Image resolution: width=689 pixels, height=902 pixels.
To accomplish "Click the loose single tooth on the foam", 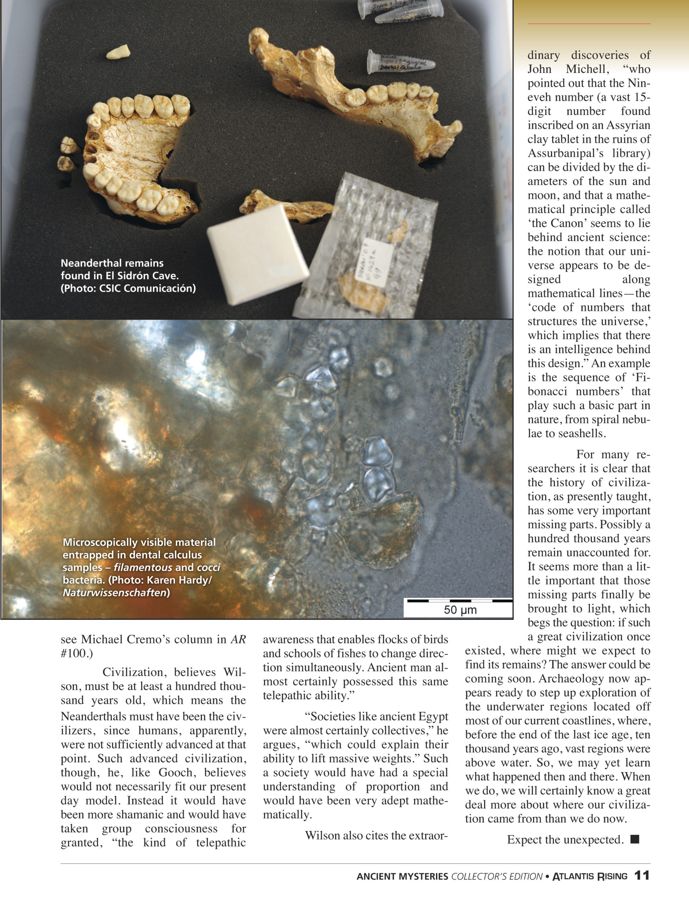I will click(x=118, y=52).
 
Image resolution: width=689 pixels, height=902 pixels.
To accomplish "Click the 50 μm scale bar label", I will click(x=460, y=610).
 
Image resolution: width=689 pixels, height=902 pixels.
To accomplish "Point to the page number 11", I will click(x=641, y=875).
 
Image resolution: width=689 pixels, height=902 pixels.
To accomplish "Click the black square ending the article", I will click(x=634, y=840).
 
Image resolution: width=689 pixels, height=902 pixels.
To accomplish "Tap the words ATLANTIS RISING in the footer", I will click(x=590, y=876).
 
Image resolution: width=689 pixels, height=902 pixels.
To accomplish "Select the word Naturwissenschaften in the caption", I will click(x=114, y=593).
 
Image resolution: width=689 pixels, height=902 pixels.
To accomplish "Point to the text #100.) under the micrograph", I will click(x=77, y=653).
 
